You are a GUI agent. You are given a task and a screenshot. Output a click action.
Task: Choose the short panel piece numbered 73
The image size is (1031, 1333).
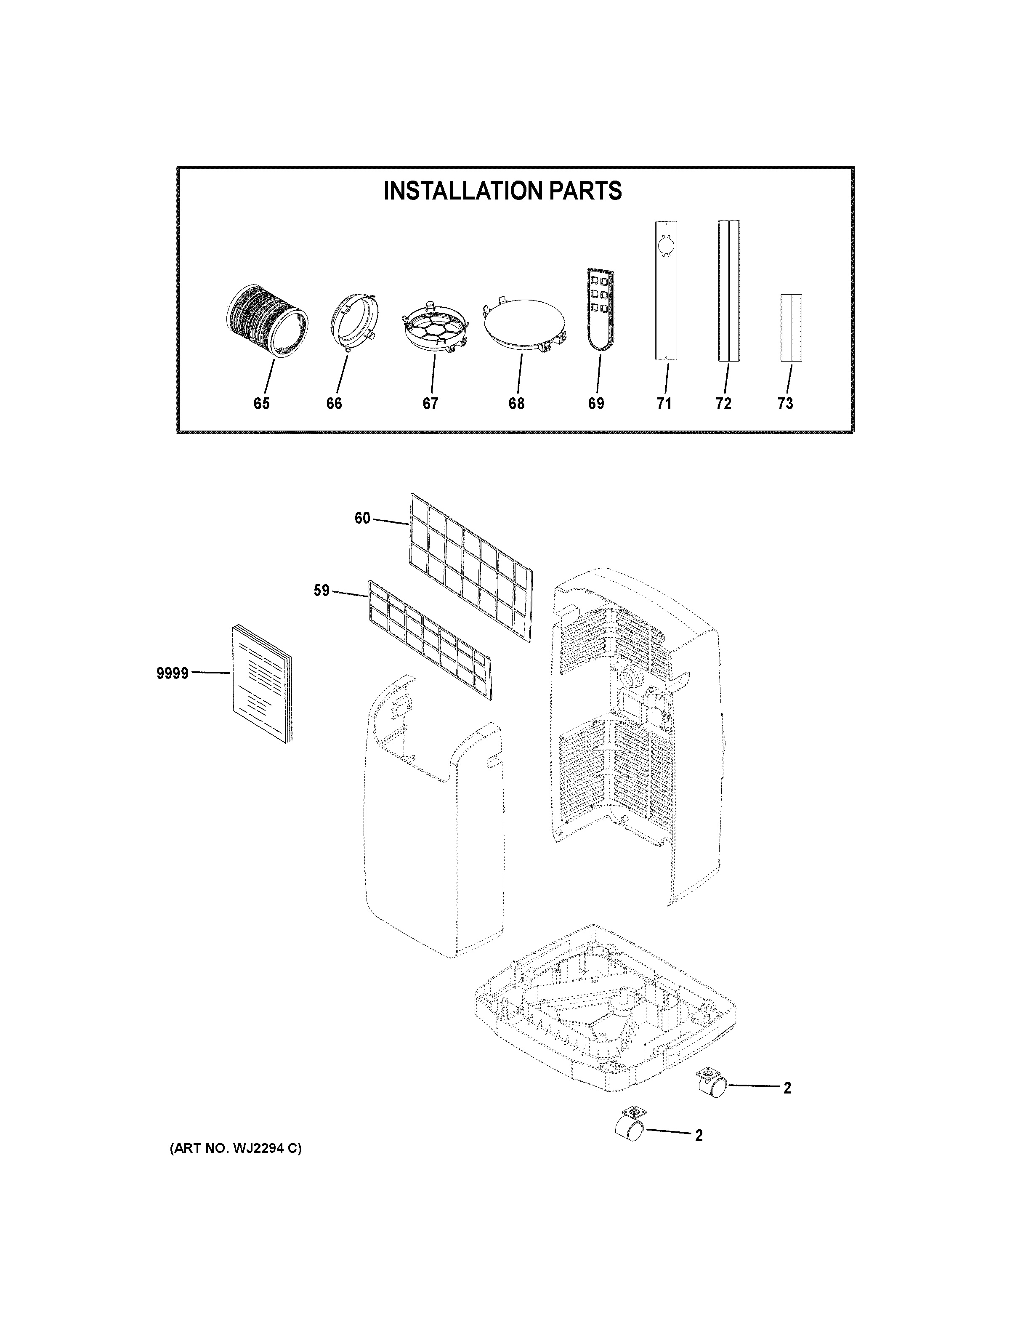[791, 328]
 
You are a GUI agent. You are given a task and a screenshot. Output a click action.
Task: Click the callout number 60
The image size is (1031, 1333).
[362, 518]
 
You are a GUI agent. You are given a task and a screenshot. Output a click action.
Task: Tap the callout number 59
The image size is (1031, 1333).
[322, 591]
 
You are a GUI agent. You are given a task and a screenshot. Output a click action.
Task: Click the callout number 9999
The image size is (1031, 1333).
[173, 674]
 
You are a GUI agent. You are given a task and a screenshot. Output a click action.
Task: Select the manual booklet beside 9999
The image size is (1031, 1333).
[261, 684]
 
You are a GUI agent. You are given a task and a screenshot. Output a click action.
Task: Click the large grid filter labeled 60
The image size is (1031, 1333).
[470, 568]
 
